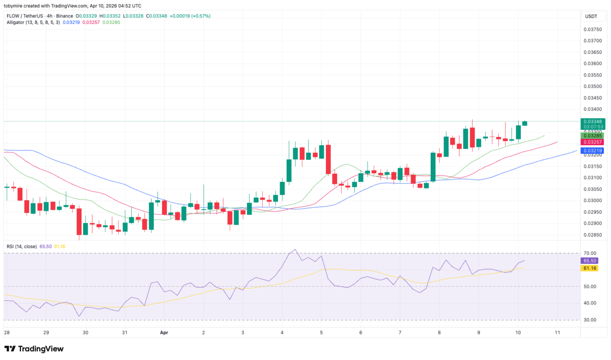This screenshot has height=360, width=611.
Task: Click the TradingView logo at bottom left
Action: pos(34,349)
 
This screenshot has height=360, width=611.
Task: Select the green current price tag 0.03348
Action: pos(593,122)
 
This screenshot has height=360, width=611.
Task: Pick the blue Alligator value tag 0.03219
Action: pos(593,151)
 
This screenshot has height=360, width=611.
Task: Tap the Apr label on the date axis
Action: pos(164,333)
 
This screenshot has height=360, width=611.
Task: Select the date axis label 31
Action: pos(125,333)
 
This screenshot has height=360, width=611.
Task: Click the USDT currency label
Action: pos(591,17)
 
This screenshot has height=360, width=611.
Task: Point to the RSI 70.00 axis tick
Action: pos(590,253)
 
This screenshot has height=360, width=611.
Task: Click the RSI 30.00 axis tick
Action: pos(590,320)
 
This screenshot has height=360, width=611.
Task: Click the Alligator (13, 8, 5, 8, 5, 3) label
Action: pos(33,23)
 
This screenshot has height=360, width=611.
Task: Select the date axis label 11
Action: pos(558,333)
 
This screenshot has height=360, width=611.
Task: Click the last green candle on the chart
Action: pos(525,124)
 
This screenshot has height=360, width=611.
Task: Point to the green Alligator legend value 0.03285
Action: pos(111,23)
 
